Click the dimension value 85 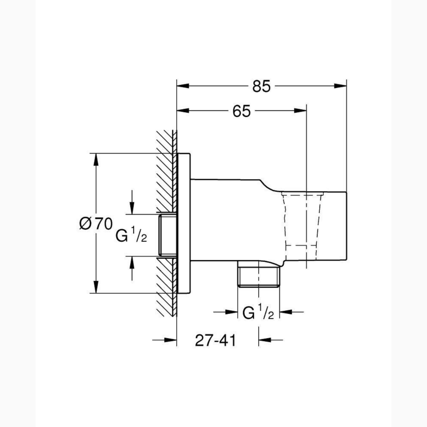[261, 86]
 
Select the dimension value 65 [241, 111]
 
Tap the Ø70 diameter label [96, 224]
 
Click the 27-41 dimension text [215, 341]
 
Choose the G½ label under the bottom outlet [258, 312]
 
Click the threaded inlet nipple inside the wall [168, 236]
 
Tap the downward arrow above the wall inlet [132, 208]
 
